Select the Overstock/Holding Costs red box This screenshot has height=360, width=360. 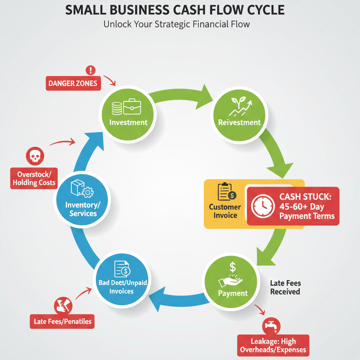34,179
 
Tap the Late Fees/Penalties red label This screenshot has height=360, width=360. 62,321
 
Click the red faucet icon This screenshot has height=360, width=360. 271,325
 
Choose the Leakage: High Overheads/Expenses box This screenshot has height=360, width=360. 273,345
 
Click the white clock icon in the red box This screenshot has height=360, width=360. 263,206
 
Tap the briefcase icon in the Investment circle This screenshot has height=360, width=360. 132,107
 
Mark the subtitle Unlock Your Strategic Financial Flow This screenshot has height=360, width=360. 177,24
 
